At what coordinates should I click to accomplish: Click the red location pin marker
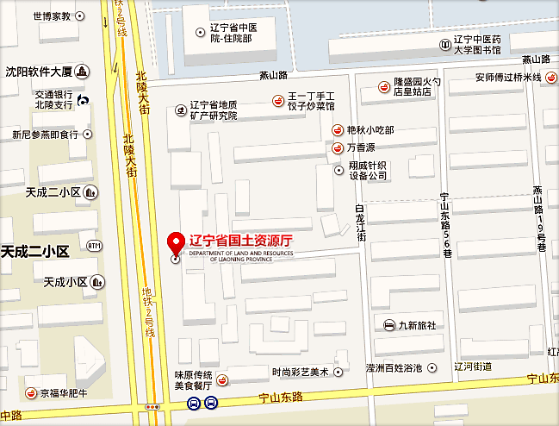click(176, 242)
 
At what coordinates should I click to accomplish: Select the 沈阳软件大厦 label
click(39, 72)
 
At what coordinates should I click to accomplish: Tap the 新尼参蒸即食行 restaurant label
click(45, 135)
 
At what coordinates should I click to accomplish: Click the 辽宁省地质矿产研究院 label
click(214, 110)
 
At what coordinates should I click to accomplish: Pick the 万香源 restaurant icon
click(339, 148)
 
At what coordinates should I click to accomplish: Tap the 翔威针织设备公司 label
click(369, 169)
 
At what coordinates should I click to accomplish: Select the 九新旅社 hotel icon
click(389, 325)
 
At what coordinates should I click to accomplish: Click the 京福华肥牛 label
click(65, 393)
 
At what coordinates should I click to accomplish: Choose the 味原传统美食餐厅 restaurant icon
click(221, 380)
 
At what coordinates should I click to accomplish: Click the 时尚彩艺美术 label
click(301, 372)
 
